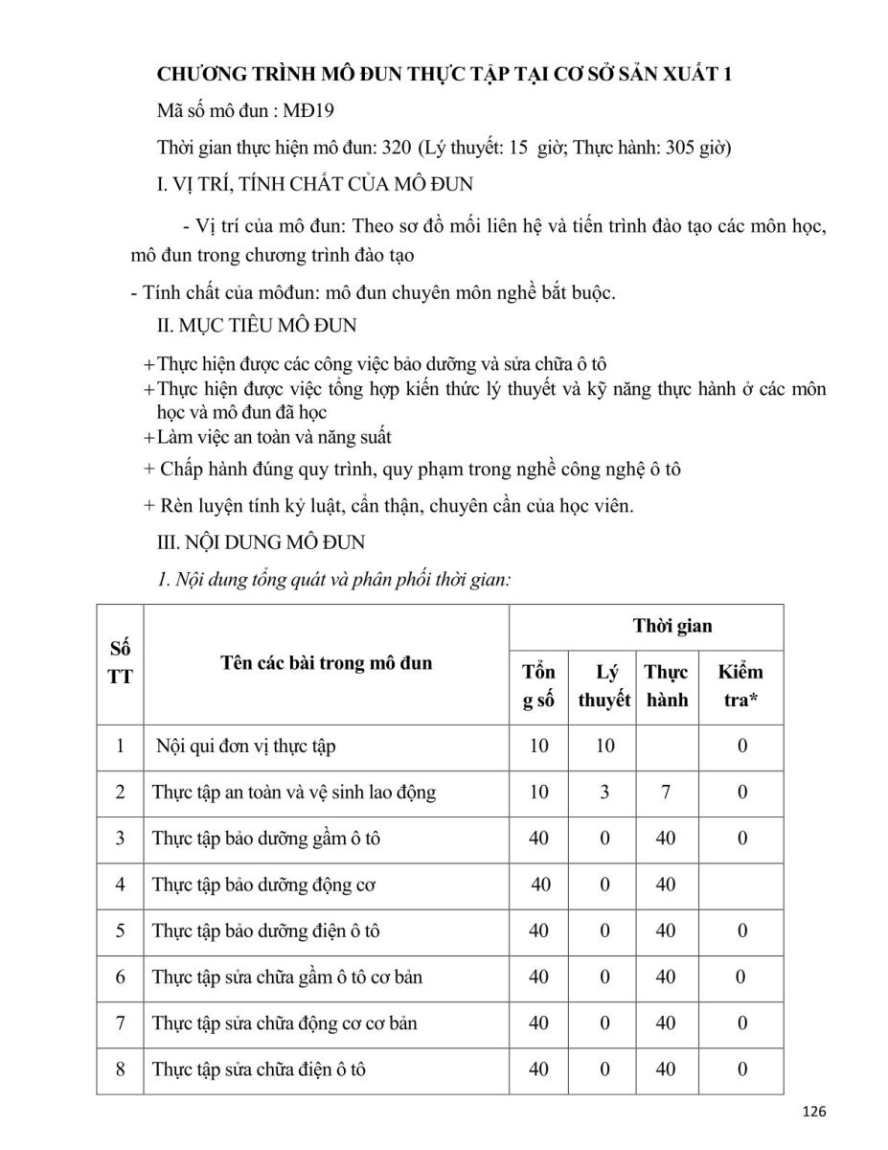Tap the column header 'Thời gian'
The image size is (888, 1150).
point(672,626)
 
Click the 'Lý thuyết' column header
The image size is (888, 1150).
point(604,685)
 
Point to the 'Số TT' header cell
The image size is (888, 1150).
point(121,662)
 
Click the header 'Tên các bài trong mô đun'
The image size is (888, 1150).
point(326,662)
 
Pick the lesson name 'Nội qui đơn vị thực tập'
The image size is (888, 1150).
point(246,746)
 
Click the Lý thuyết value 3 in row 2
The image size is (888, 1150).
point(604,792)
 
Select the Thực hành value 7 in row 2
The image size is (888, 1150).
point(666,792)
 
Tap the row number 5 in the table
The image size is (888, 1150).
point(121,931)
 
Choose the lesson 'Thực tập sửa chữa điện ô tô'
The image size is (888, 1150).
point(260,1069)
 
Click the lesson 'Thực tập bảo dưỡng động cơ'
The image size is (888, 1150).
point(263,885)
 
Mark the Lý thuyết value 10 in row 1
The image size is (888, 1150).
point(604,746)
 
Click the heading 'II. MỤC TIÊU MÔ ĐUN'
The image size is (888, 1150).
point(257,326)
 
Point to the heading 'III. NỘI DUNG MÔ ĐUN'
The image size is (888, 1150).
point(261,542)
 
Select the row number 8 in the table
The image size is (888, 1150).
point(121,1069)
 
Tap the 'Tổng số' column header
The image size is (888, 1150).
point(539,685)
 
